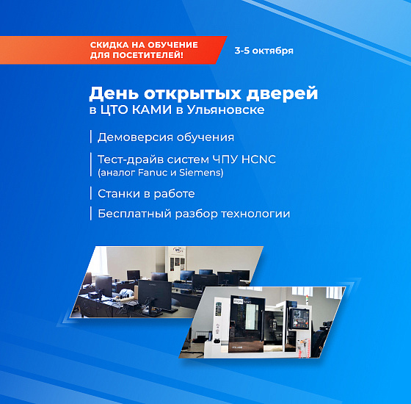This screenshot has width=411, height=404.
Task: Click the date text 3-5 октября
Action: pyautogui.click(x=263, y=51)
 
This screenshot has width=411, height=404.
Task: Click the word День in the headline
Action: pyautogui.click(x=114, y=94)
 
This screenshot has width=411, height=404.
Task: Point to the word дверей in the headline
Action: pyautogui.click(x=282, y=94)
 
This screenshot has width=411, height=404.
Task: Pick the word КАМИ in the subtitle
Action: pyautogui.click(x=152, y=109)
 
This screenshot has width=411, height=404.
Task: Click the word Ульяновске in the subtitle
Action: pyautogui.click(x=226, y=110)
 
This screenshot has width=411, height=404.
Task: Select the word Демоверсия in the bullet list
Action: pyautogui.click(x=135, y=137)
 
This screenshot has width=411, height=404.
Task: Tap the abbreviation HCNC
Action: pyautogui.click(x=258, y=159)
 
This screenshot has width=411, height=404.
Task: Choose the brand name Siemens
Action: pyautogui.click(x=200, y=173)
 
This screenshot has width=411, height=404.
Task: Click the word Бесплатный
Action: pyautogui.click(x=135, y=214)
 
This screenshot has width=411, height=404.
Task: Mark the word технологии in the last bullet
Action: pyautogui.click(x=255, y=214)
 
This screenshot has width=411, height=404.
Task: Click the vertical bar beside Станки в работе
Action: pyautogui.click(x=91, y=193)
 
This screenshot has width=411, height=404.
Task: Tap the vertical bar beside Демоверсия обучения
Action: pyautogui.click(x=91, y=137)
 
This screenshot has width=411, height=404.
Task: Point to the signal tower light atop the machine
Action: pyautogui.click(x=308, y=300)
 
